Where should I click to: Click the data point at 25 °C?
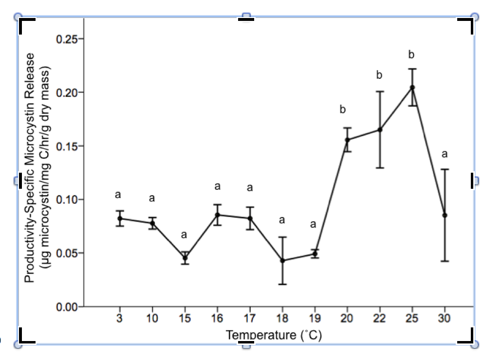pos(412,88)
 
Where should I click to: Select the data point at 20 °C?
pos(347,140)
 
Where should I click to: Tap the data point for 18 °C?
pos(282,261)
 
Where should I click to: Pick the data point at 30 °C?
pos(445,215)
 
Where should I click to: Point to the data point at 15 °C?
pos(185,258)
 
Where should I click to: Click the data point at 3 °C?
pos(119,218)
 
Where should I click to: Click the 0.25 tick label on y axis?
pos(68,39)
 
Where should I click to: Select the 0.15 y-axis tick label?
pos(68,146)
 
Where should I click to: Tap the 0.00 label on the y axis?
pos(68,307)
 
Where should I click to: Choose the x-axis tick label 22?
pos(380,319)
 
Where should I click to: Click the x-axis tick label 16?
pos(217,319)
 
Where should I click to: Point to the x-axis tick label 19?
pos(315,319)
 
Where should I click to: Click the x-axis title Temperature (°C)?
pos(274,335)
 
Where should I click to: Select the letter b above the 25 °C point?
pos(411,54)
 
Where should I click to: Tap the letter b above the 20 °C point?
pos(343,110)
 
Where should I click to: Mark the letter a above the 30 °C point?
pos(445,154)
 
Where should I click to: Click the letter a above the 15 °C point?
pos(184,235)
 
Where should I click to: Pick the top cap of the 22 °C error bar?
pos(380,91)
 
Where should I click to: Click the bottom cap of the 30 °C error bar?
pos(445,261)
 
